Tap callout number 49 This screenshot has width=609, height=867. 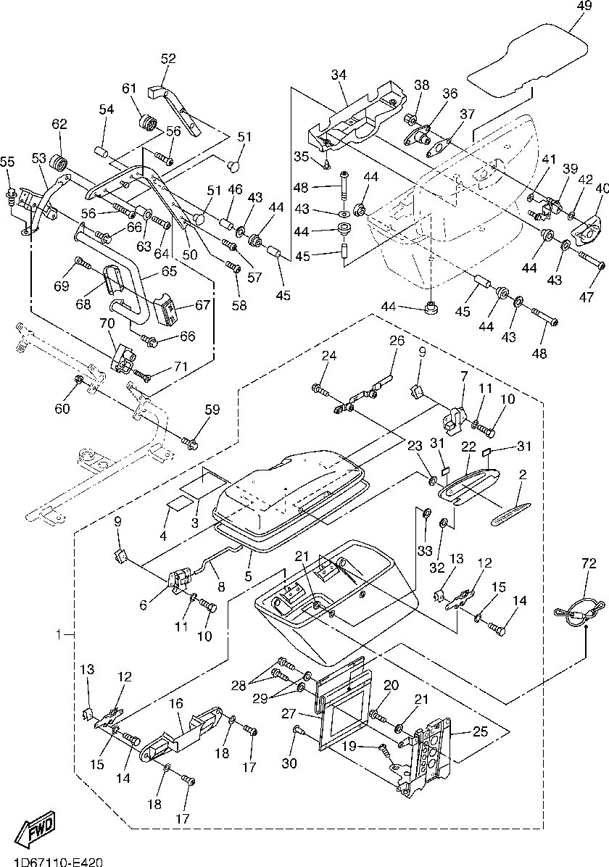(584, 6)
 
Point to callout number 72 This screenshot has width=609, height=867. (589, 564)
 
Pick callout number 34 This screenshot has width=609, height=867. (340, 75)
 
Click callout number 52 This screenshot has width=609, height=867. (168, 58)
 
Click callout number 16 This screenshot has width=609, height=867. (175, 704)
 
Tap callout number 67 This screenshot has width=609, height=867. (203, 304)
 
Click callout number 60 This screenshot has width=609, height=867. (62, 408)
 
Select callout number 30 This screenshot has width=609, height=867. (289, 763)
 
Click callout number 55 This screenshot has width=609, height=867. (8, 162)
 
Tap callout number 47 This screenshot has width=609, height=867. (587, 297)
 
